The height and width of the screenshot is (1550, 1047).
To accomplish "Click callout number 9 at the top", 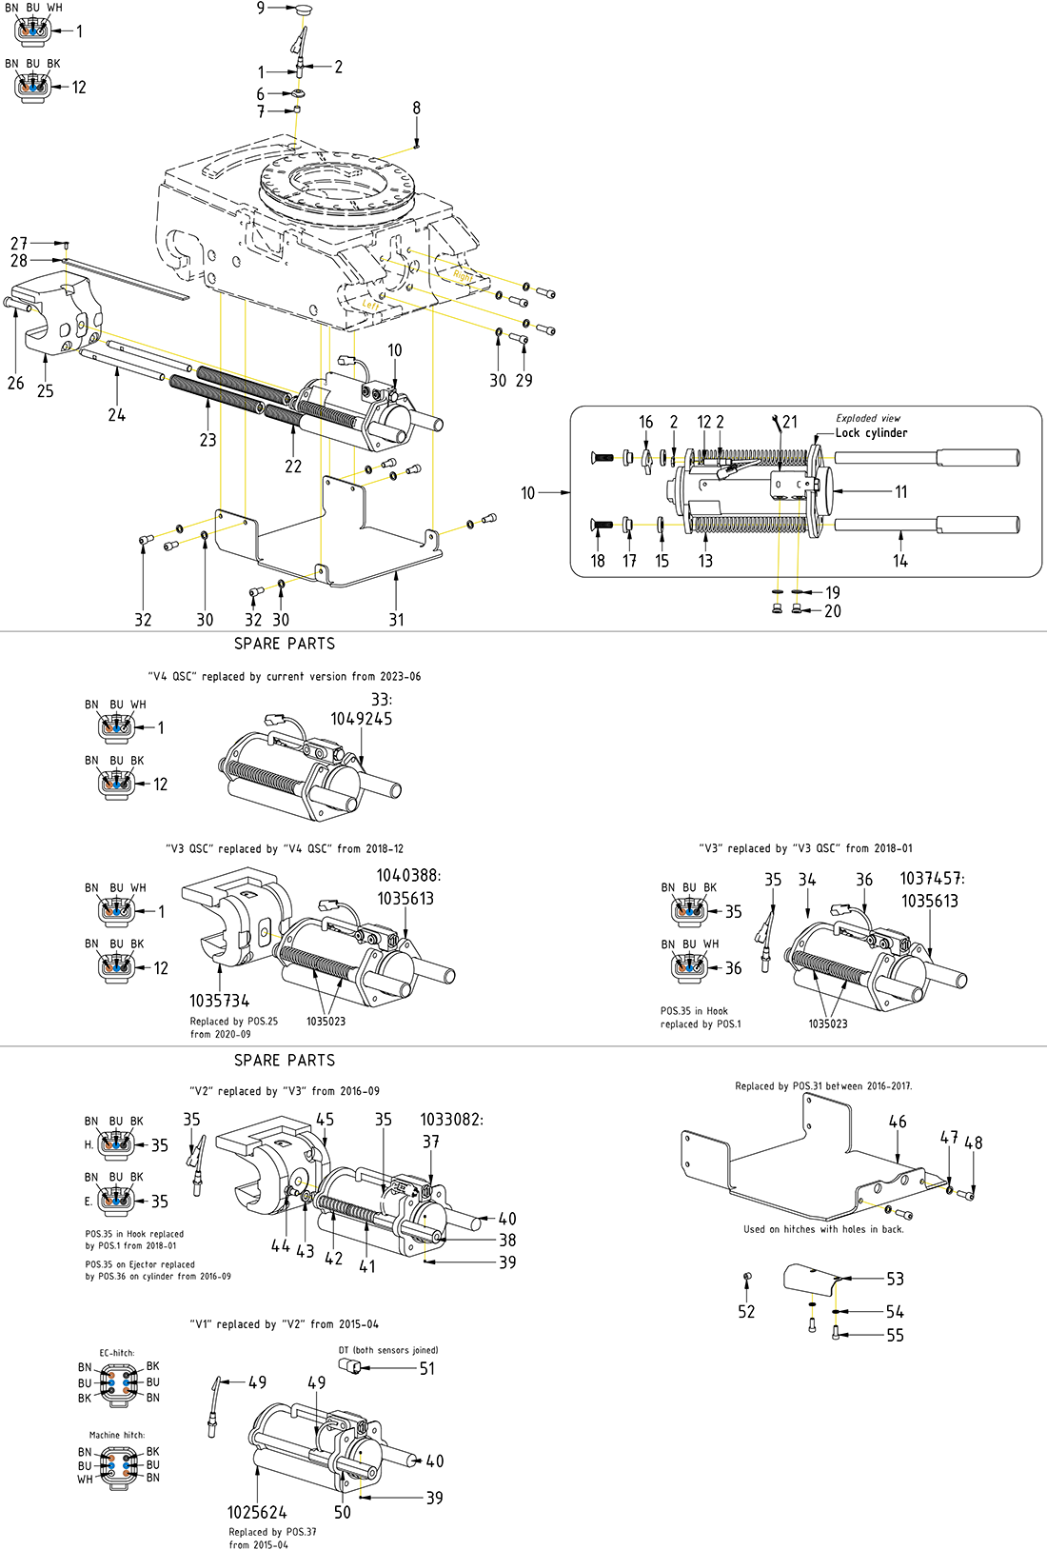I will point(261,8).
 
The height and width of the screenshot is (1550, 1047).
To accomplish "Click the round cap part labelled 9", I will point(304,9).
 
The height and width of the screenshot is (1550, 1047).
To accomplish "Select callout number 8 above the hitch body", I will point(416,109).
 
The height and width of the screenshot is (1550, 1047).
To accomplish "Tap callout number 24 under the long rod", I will point(116,414).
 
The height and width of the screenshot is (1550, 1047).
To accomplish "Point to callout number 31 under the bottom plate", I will point(396,619).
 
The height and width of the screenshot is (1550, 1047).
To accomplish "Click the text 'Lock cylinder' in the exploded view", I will point(871,432).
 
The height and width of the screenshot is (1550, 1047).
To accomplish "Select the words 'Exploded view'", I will point(868,418).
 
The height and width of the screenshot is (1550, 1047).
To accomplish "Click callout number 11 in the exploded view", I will point(900,491).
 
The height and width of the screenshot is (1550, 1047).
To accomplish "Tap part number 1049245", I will point(361,719).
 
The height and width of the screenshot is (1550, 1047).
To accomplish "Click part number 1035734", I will point(219,1001).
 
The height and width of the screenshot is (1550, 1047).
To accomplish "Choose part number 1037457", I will point(931,878).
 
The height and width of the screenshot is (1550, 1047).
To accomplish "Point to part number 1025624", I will point(256,1512).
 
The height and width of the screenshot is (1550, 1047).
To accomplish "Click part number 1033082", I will point(450,1120).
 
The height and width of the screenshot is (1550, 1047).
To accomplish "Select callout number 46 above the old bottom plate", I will point(898,1122).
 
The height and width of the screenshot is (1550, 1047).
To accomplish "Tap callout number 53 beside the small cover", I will point(895,1279).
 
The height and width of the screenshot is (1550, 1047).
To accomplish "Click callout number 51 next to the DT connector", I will point(427,1368).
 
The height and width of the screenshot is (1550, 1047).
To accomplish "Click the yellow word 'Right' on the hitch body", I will point(463,276).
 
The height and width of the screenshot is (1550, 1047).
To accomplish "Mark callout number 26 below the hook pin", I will point(16,383).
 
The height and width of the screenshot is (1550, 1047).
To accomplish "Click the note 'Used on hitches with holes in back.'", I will point(823,1229).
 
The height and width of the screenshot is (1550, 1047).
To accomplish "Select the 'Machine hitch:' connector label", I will point(117,1435).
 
